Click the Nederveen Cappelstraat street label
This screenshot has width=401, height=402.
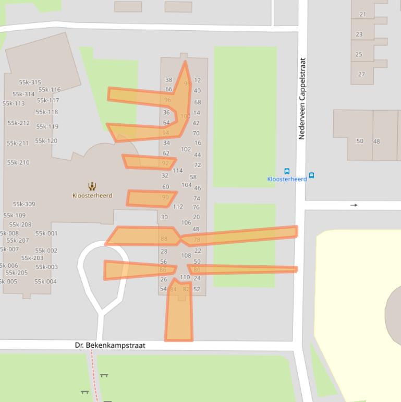click(302, 98)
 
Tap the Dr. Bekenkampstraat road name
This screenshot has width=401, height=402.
click(110, 346)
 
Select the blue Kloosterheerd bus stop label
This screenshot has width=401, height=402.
click(287, 179)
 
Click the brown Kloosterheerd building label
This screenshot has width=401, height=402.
click(92, 196)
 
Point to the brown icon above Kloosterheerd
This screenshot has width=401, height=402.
click(92, 186)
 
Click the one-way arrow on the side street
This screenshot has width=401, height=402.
click(354, 205)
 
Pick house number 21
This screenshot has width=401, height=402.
click(363, 15)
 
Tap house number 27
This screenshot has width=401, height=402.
click(361, 74)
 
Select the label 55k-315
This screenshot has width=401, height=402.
click(30, 82)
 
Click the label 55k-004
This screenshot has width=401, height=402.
click(45, 282)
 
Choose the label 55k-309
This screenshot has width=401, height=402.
click(24, 204)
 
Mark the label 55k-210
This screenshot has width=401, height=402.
click(18, 163)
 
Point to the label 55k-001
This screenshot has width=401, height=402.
click(46, 234)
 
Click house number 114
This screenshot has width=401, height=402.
click(177, 171)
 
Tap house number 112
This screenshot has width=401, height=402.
click(177, 207)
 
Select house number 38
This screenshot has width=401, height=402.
click(168, 80)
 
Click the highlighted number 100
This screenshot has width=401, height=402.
click(185, 116)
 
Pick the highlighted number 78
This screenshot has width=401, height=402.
click(197, 240)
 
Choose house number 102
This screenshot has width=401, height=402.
click(186, 149)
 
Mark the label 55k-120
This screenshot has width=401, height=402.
click(46, 141)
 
